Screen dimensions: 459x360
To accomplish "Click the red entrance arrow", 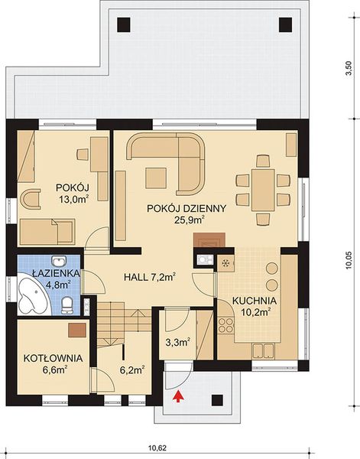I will pyautogui.click(x=180, y=395).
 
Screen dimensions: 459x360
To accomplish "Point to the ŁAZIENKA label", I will pyautogui.click(x=47, y=273).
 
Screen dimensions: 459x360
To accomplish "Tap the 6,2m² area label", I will pyautogui.click(x=131, y=368).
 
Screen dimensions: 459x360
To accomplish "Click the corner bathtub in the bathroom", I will pyautogui.click(x=32, y=296).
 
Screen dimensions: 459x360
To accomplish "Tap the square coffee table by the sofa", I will pyautogui.click(x=158, y=178).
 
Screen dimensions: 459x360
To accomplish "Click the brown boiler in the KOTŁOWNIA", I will pyautogui.click(x=75, y=330).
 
